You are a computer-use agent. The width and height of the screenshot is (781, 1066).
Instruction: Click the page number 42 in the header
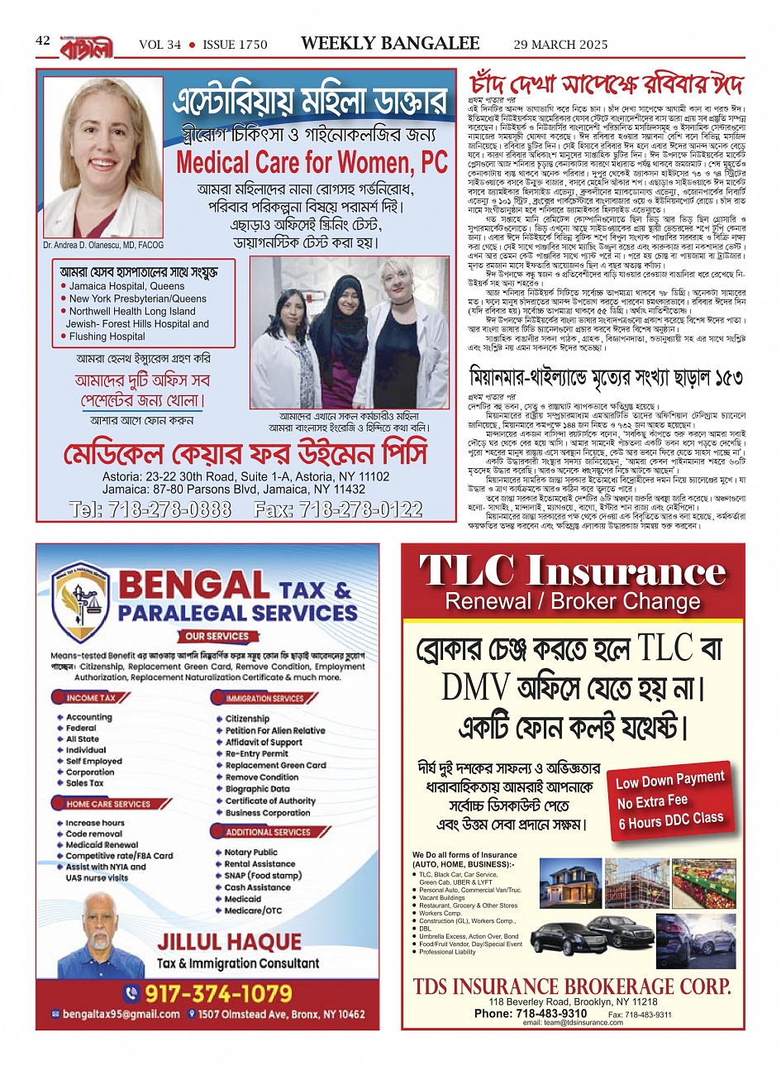point(43,41)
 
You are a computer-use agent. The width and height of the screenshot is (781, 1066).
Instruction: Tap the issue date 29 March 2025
point(560,45)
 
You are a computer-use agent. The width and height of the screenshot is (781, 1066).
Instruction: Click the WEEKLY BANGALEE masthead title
point(390,43)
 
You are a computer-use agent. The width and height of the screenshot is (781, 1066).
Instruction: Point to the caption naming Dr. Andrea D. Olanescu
point(103,246)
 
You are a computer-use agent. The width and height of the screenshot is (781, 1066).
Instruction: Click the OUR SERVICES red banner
point(217,636)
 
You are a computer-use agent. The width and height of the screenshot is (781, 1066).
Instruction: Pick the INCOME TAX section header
point(90,698)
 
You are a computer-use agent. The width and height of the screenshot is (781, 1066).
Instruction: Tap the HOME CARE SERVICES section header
point(108,804)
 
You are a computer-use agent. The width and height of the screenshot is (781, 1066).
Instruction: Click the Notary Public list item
point(250,852)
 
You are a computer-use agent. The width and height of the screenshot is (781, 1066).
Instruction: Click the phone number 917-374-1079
point(217,992)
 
